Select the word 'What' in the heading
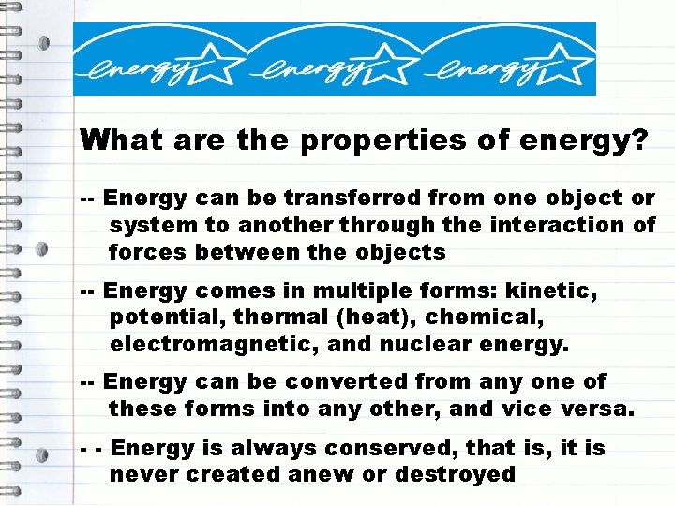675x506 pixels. point(115,141)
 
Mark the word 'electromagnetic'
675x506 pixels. point(215,345)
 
